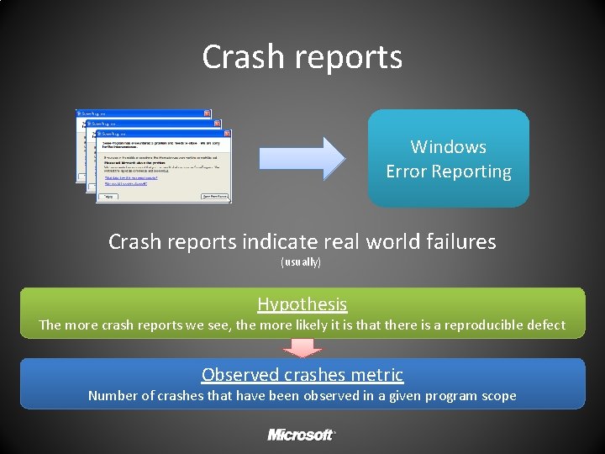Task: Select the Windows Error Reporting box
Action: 448,158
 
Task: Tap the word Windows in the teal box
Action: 448,146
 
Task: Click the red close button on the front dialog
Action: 227,134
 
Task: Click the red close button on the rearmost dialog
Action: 207,113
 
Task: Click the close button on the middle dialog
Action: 217,123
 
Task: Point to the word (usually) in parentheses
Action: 300,262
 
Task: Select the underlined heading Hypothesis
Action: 302,304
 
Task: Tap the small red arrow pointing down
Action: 302,347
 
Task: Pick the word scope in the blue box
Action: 497,395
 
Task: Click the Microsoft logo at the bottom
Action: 302,435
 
